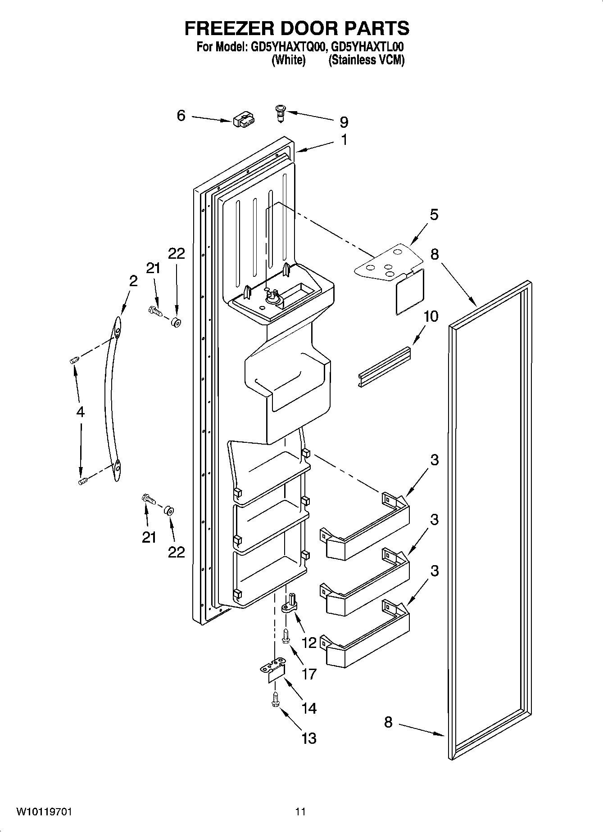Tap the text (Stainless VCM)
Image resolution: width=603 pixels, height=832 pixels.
point(366,60)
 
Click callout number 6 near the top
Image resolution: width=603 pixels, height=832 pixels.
point(181,116)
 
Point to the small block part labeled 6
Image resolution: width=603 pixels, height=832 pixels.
point(244,120)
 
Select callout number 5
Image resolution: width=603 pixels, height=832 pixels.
point(433,215)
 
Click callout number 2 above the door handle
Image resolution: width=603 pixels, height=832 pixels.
point(133,281)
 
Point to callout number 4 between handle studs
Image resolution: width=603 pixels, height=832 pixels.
point(80,411)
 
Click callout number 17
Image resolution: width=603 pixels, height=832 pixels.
point(309,674)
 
